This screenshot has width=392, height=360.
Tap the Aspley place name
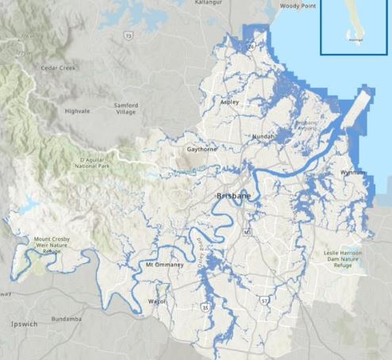pyautogui.click(x=229, y=103)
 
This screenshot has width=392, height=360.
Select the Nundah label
pyautogui.click(x=263, y=137)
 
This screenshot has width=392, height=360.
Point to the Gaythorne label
pyautogui.click(x=202, y=149)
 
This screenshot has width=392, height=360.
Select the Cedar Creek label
pyautogui.click(x=57, y=68)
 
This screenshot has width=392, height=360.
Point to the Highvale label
pyautogui.click(x=79, y=110)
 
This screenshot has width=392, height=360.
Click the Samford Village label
pyautogui.click(x=125, y=109)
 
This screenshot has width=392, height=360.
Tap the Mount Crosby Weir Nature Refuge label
pyautogui.click(x=49, y=244)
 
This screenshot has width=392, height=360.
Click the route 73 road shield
pyautogui.click(x=128, y=36)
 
